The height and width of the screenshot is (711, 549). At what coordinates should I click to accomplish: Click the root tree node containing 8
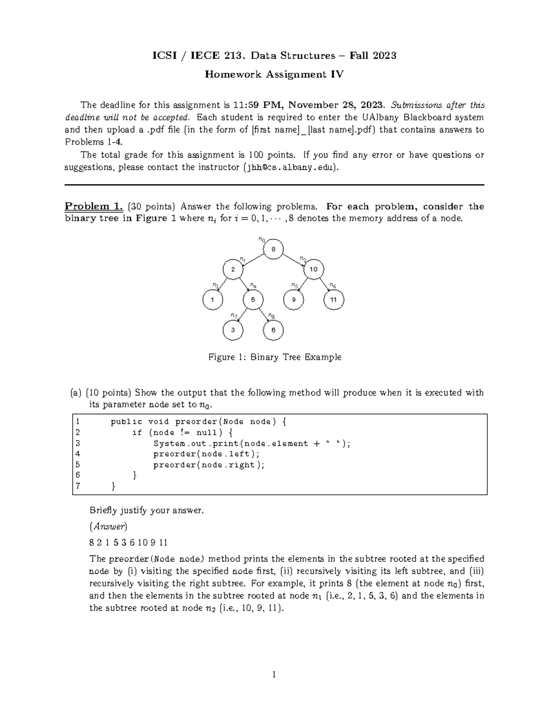click(273, 250)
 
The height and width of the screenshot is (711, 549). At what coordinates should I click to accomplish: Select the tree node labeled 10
click(313, 269)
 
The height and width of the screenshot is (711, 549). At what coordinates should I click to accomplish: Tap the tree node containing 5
click(253, 300)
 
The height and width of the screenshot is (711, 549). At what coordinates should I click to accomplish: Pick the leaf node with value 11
click(334, 300)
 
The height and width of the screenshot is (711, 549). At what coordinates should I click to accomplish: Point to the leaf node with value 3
click(233, 330)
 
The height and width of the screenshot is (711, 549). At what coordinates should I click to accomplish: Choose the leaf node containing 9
click(294, 300)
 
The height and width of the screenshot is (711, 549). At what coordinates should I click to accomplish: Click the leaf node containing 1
click(213, 300)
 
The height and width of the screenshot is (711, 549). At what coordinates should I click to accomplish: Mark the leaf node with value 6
click(273, 330)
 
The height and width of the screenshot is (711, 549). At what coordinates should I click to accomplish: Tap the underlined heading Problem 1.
click(94, 206)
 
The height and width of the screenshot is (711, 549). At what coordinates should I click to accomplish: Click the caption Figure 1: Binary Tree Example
click(274, 357)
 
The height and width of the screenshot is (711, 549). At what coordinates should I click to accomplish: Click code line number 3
click(78, 443)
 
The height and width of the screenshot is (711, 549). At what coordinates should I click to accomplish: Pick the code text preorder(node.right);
click(209, 465)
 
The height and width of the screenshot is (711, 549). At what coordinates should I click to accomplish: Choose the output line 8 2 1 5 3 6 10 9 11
click(128, 543)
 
